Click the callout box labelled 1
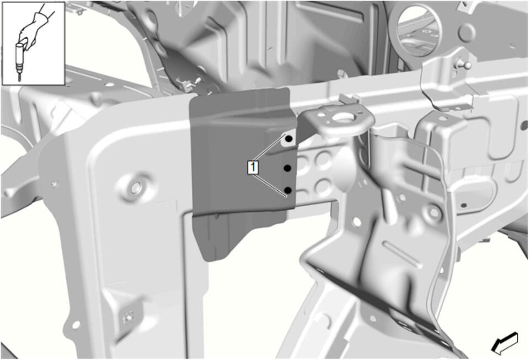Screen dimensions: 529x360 click(253, 167)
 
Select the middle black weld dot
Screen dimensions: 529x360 click(287, 168)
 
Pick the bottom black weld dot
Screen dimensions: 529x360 click(288, 190)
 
